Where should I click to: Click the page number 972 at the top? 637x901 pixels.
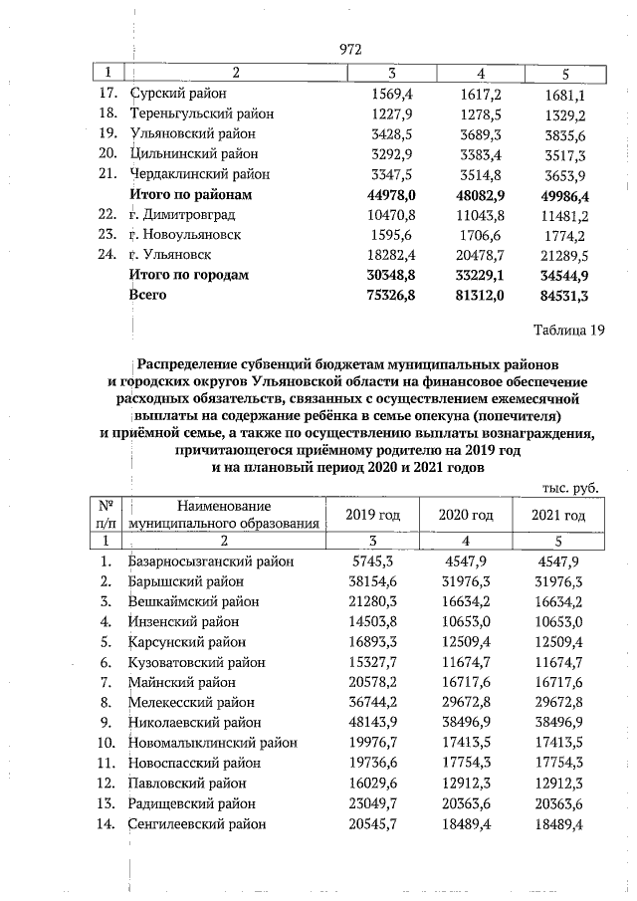(349, 49)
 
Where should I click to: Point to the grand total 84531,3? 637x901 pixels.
(566, 295)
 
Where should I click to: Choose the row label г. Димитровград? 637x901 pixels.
(183, 214)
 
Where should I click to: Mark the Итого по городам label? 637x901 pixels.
(189, 275)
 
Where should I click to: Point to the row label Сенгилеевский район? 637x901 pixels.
(198, 824)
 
